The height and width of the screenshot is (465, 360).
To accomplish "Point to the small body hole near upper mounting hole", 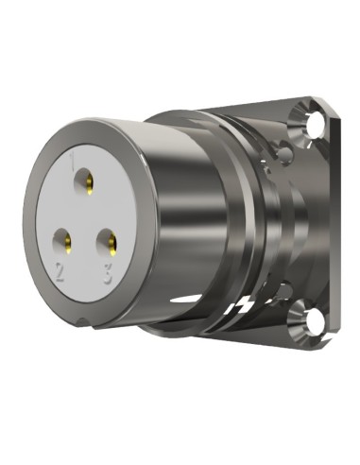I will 281,147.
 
